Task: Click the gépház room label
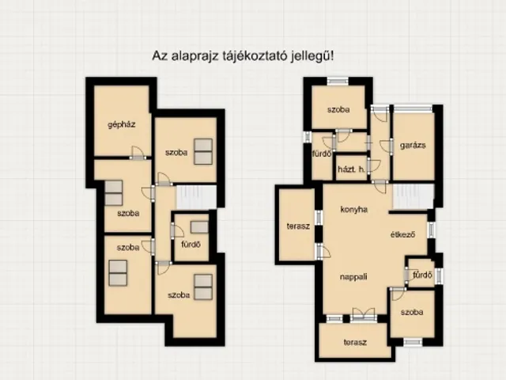coord(121,124)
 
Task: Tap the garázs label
coord(413,146)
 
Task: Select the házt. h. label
coord(351,169)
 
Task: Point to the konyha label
coord(354,209)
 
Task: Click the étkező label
coord(402,234)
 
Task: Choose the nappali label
coord(353,277)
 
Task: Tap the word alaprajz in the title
coord(195,56)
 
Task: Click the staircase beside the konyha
coord(413,197)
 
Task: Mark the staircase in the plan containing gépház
coord(196,197)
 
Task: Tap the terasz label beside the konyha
coord(298,226)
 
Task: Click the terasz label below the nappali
coord(355,342)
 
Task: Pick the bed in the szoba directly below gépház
coord(114,193)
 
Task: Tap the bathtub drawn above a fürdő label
coord(199,227)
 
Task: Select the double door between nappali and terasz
coord(364,314)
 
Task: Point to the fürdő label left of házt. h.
coord(322,154)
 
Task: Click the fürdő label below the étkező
coord(422,275)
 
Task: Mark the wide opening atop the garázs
coord(413,108)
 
